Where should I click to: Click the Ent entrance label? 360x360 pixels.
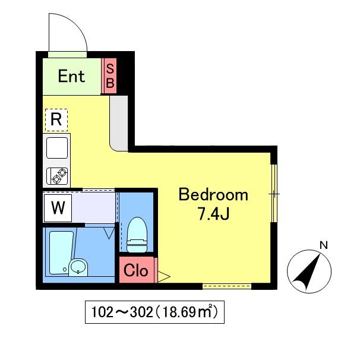(x=71, y=76)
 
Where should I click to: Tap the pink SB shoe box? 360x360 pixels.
(x=109, y=76)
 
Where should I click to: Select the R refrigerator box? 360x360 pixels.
(x=56, y=120)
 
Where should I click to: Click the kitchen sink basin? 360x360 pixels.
(x=57, y=148)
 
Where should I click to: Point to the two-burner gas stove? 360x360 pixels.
(x=57, y=176)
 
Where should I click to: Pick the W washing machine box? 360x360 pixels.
(x=58, y=208)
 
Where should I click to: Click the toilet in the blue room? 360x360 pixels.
(x=137, y=235)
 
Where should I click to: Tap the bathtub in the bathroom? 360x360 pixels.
(x=61, y=252)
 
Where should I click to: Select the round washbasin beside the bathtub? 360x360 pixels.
(x=78, y=267)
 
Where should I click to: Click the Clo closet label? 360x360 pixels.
(x=135, y=270)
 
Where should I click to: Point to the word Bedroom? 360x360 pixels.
(x=213, y=195)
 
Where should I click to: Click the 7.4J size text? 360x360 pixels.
(x=213, y=214)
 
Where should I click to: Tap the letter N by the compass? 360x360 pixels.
(x=324, y=245)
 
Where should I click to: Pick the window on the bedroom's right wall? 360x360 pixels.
(x=274, y=193)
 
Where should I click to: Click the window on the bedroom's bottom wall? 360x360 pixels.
(x=227, y=286)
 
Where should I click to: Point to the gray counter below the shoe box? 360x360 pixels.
(x=119, y=124)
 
